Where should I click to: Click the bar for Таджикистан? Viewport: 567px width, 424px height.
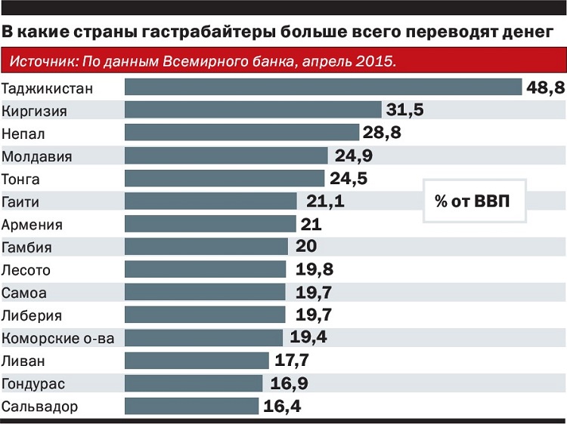[x=323, y=88]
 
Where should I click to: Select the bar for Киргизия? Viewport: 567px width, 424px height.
[x=253, y=111]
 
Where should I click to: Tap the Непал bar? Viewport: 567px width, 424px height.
[x=241, y=134]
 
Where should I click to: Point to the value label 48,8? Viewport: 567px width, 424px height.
[x=544, y=88]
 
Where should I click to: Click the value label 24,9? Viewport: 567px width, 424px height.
[x=352, y=156]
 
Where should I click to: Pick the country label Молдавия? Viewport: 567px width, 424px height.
[x=37, y=156]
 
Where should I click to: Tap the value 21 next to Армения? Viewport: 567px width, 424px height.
[x=311, y=224]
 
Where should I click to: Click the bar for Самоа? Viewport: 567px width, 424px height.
[x=204, y=293]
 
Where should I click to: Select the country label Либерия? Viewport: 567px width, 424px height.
[x=32, y=315]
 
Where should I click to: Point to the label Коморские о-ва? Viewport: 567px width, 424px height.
[x=58, y=338]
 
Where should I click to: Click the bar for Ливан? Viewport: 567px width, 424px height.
[x=197, y=361]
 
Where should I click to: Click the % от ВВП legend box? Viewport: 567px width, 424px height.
[x=472, y=201]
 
